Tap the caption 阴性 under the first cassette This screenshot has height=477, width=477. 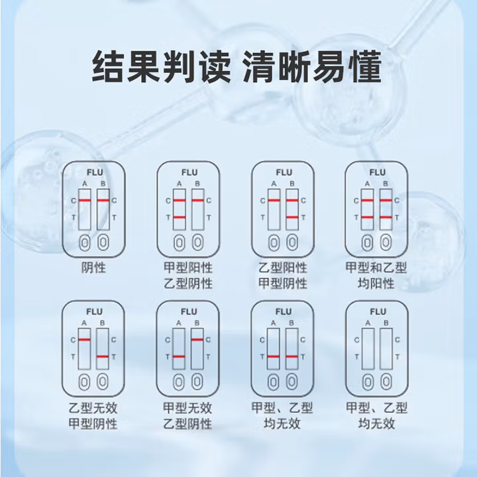pos(93,268)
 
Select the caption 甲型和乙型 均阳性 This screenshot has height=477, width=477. pos(376,276)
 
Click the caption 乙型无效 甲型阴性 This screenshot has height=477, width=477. pos(93,415)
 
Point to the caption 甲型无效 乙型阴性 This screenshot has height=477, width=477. pos(187,415)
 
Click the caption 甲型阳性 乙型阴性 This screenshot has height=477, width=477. pos(188,276)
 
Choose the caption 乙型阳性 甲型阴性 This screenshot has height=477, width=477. pos(283,276)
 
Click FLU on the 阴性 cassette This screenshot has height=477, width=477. pos(95,172)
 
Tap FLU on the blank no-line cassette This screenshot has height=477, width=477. pos(378,312)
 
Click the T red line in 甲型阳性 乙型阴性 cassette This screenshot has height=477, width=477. pos(180,217)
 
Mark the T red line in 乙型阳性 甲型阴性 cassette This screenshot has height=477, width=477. pos(292,217)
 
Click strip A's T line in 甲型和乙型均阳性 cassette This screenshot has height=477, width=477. pos(368,217)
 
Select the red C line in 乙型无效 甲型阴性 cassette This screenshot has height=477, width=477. pos(84,339)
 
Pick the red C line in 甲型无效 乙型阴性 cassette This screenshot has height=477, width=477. pos(197,339)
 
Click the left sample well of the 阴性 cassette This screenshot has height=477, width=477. pos(85,243)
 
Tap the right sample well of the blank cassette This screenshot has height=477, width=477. pos(386,382)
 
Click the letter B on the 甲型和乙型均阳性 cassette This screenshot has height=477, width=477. pos(386,184)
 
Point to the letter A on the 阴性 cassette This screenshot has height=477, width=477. pos(85,184)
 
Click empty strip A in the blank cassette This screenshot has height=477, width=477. pos(368,349)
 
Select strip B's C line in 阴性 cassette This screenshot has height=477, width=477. pos(103,200)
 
